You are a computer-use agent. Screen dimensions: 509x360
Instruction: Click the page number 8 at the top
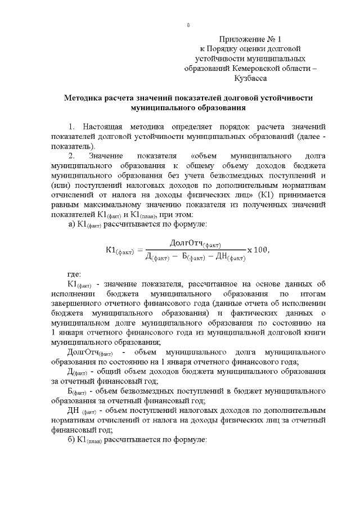tap(188, 25)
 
